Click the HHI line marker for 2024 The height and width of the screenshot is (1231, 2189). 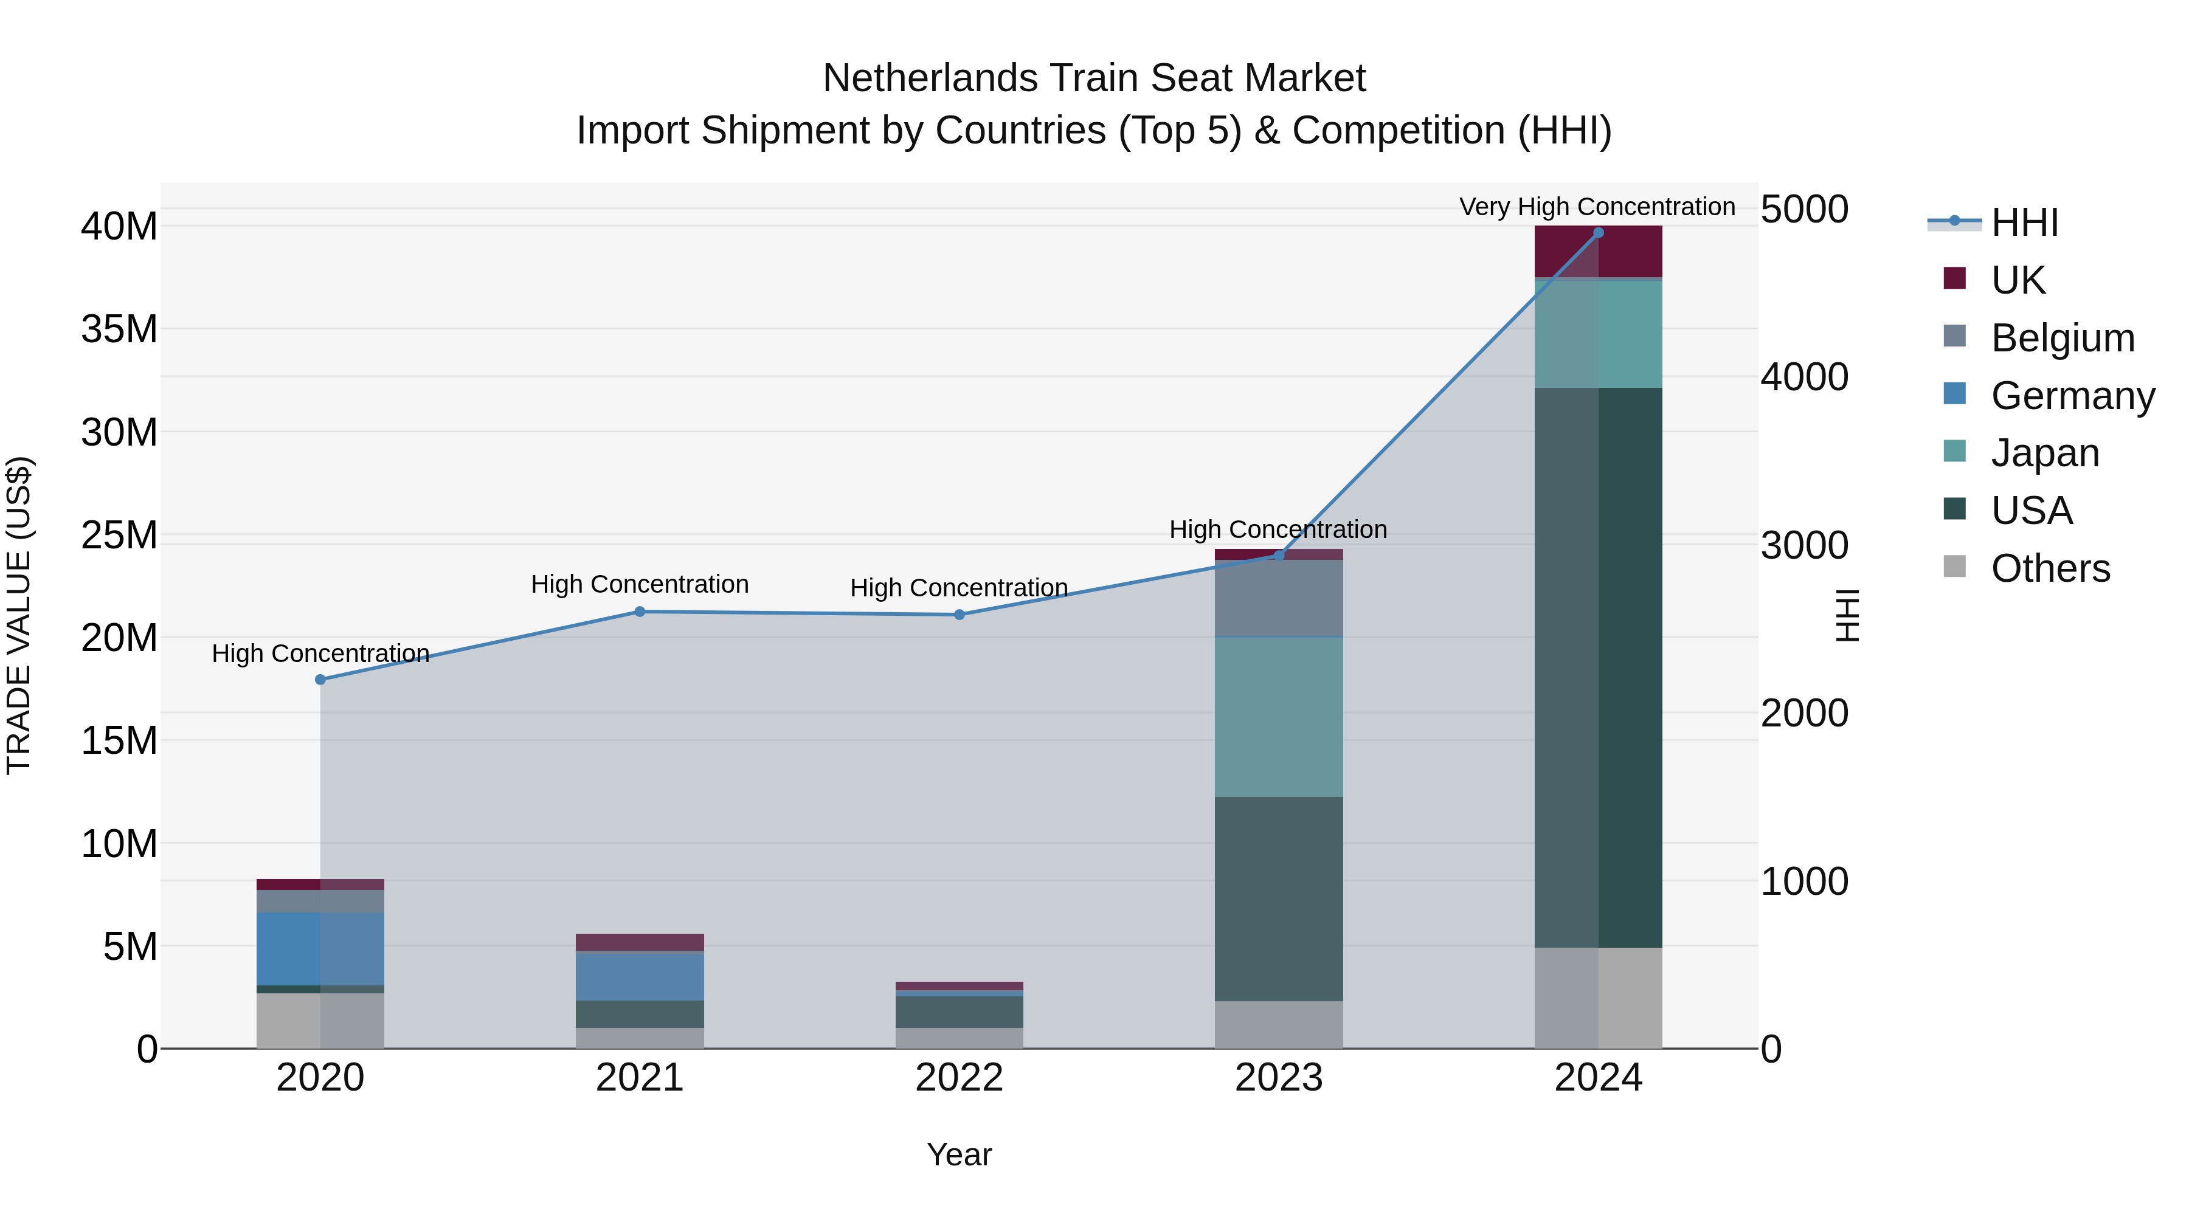point(1597,233)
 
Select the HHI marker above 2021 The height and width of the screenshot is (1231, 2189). point(640,612)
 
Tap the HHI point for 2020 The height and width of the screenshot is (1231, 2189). point(320,680)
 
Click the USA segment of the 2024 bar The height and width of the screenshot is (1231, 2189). point(1597,667)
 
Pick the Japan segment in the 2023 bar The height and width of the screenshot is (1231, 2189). point(1278,716)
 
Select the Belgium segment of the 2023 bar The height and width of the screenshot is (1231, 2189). point(1278,597)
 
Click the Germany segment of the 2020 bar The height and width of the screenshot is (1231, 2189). point(320,948)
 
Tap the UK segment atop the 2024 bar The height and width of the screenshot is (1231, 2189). point(1597,252)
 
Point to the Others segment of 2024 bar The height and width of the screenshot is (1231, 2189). point(1597,998)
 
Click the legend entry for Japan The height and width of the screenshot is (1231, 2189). point(2043,453)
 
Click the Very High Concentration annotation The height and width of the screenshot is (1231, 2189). point(1597,207)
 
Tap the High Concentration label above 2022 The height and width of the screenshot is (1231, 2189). point(958,588)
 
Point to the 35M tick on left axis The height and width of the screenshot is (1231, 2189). point(119,329)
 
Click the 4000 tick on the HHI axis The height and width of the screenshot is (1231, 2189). point(1803,376)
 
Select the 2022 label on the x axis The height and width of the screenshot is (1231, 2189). point(958,1078)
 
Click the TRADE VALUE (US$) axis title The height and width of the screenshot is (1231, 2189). point(19,615)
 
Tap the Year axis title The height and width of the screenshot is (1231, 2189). point(958,1154)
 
